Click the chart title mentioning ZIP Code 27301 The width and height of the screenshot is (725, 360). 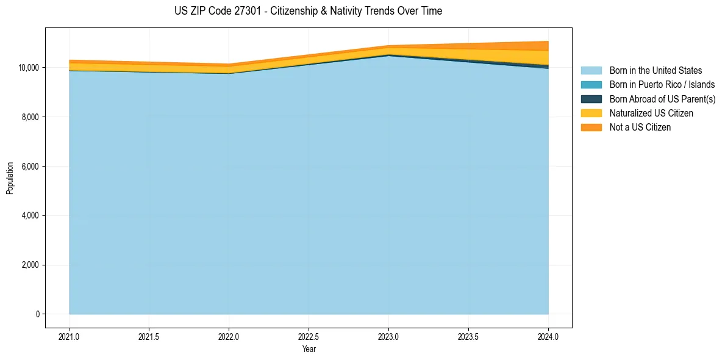309,11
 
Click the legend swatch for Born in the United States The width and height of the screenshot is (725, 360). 591,71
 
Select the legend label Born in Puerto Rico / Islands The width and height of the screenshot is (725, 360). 662,85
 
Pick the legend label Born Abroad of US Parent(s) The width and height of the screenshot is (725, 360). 662,99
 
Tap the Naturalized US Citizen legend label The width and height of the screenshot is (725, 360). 651,113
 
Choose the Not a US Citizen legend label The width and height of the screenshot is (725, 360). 640,128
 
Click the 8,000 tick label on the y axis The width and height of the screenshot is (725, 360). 30,117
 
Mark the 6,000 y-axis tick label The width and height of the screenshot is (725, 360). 30,166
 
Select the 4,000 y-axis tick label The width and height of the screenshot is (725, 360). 30,215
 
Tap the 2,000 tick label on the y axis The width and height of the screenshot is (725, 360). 30,265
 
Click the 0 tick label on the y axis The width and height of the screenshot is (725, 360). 37,314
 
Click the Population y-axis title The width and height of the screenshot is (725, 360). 10,178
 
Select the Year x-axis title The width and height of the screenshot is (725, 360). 309,349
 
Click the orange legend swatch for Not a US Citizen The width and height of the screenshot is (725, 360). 591,127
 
